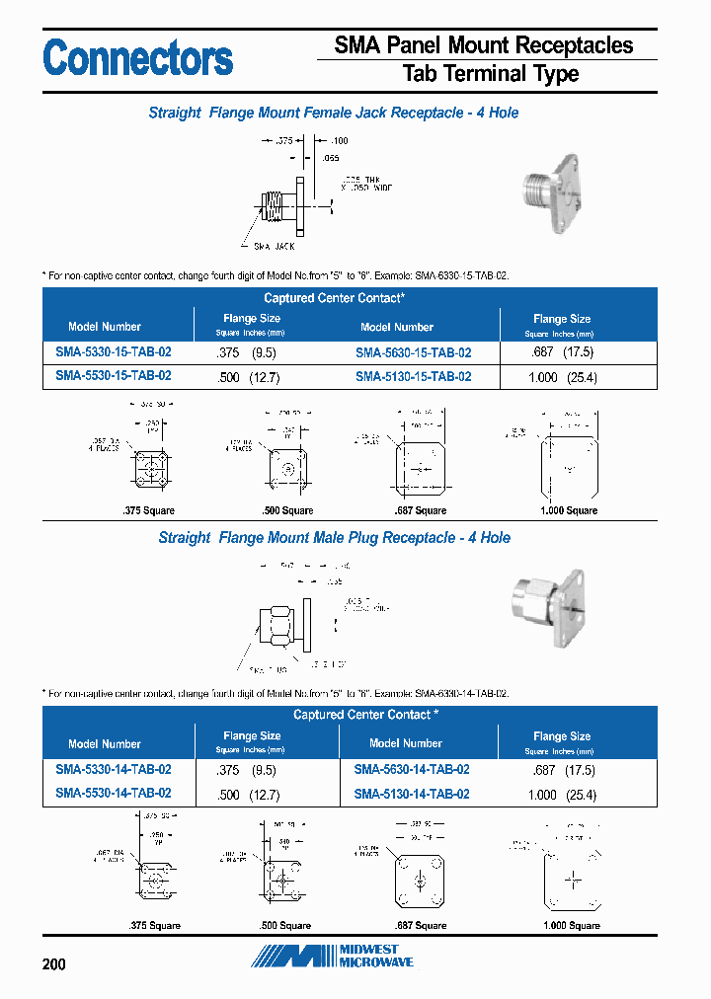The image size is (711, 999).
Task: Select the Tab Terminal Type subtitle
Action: tap(491, 74)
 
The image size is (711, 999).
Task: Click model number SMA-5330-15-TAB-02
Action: tap(114, 352)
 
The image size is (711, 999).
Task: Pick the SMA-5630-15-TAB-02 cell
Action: tap(413, 352)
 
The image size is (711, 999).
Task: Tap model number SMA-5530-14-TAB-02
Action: tap(114, 793)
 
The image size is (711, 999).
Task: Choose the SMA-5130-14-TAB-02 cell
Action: tap(412, 794)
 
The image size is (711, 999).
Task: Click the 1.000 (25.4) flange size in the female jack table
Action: tap(563, 377)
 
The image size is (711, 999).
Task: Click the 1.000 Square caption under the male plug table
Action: tap(571, 925)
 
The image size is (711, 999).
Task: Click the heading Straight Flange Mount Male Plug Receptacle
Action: tap(334, 538)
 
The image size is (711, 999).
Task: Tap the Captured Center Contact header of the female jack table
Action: tap(334, 297)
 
